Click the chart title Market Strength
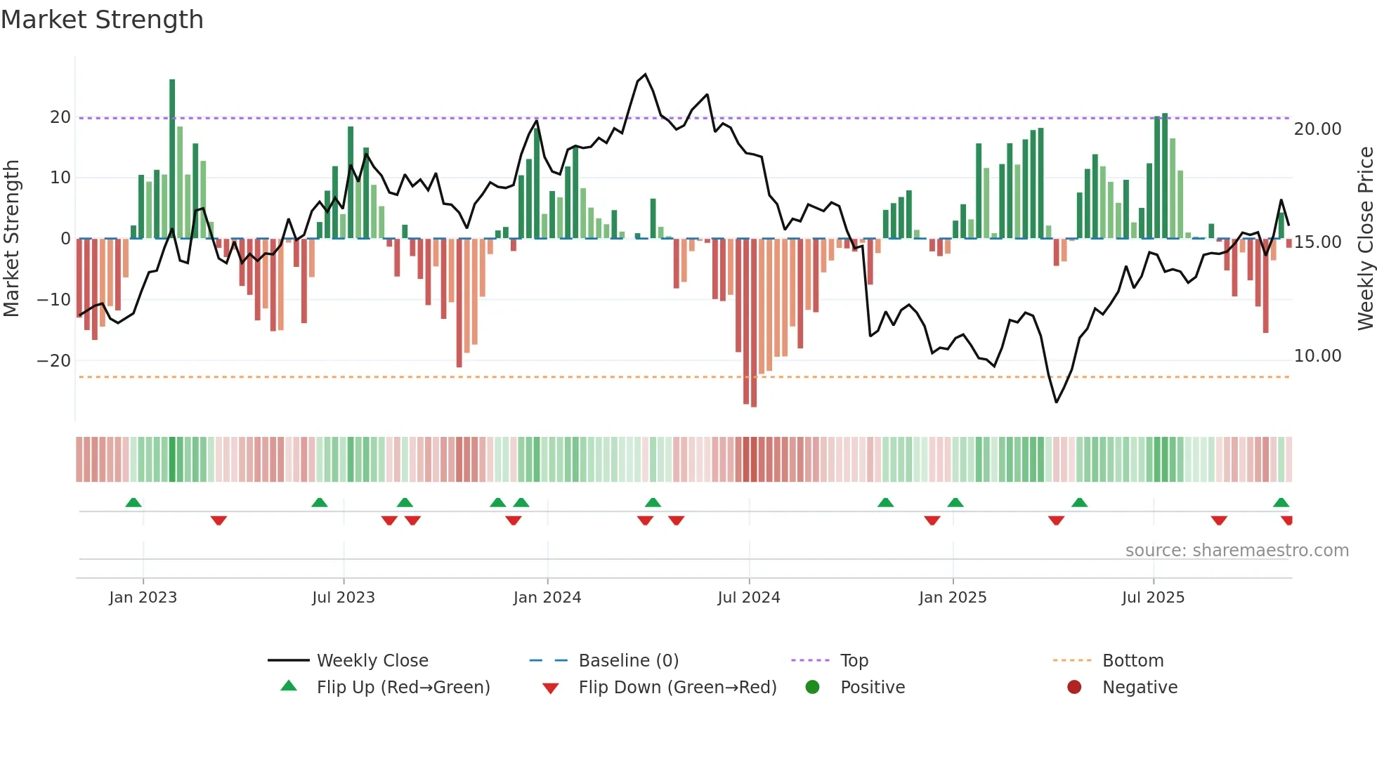click(x=102, y=20)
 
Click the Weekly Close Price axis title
click(x=1365, y=238)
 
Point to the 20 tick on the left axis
click(x=60, y=117)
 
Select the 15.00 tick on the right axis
click(x=1317, y=242)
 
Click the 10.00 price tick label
click(x=1317, y=356)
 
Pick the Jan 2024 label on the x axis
click(x=547, y=598)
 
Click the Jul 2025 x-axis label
click(x=1153, y=598)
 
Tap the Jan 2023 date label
click(x=143, y=598)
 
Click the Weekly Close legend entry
click(x=372, y=661)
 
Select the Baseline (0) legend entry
click(x=628, y=661)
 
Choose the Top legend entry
click(x=854, y=661)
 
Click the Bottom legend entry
click(x=1133, y=661)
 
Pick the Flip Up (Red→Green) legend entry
click(x=403, y=688)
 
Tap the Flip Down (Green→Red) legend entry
click(x=677, y=688)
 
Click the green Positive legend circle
click(x=813, y=688)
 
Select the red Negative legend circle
click(x=1074, y=688)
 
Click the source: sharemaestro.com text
click(x=1236, y=551)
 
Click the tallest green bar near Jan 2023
click(x=172, y=158)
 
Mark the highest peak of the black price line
click(x=645, y=74)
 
